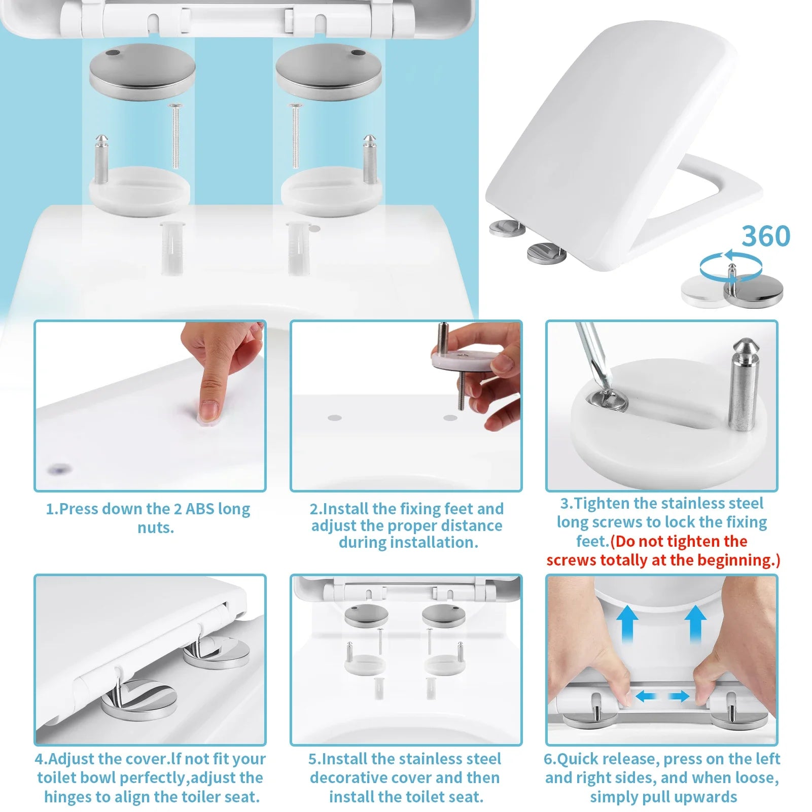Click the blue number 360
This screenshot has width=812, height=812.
click(766, 236)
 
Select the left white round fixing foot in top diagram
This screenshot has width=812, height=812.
click(139, 192)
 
